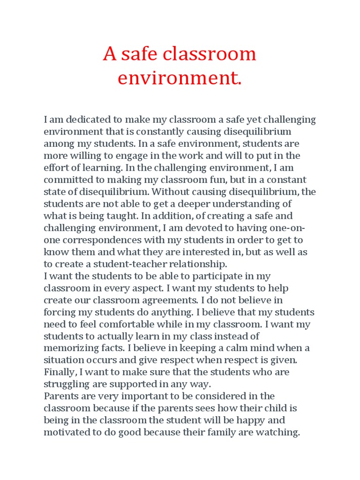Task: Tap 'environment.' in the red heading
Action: coord(180,78)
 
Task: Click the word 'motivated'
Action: coord(68,432)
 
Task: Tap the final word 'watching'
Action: coord(278,432)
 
